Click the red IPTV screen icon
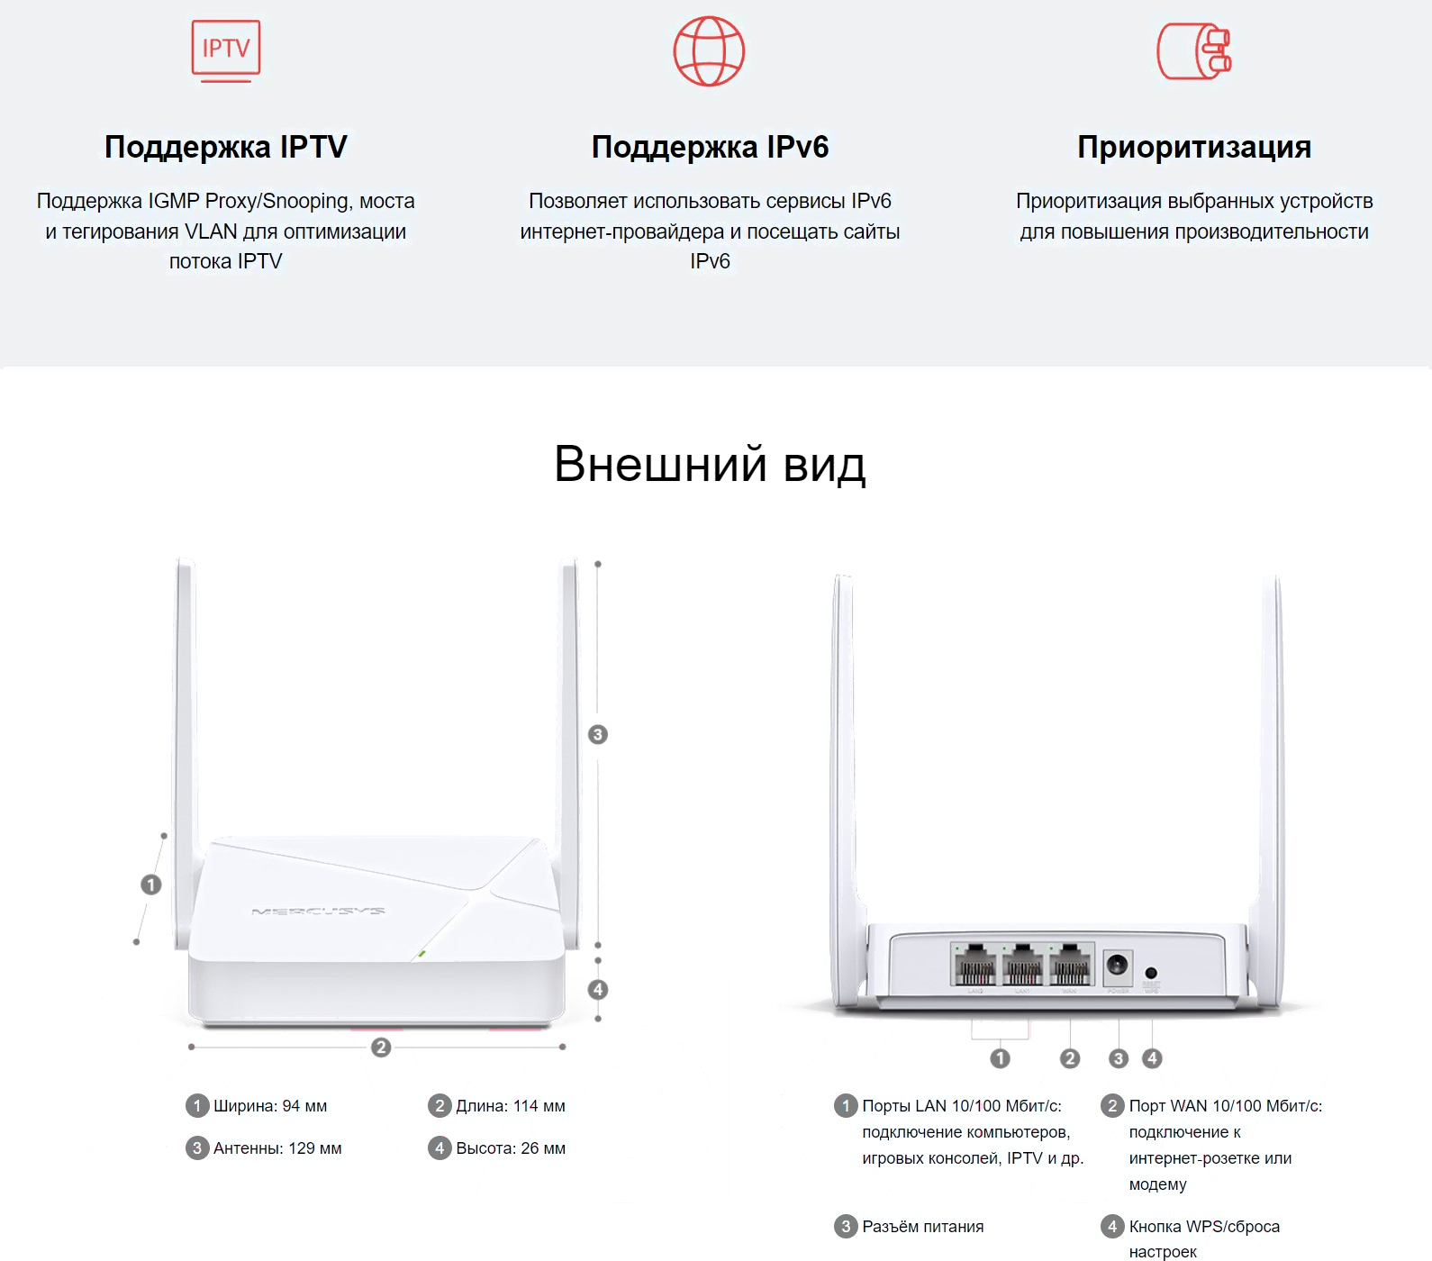(226, 51)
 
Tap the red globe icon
(710, 51)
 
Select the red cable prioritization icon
(1194, 51)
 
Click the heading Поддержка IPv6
(710, 147)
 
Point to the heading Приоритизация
(1194, 147)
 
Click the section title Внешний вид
(710, 464)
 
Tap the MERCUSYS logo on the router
(318, 912)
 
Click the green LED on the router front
(421, 953)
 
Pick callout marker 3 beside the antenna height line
(597, 734)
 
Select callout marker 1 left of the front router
(151, 885)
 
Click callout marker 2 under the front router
(381, 1047)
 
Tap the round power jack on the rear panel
(1118, 966)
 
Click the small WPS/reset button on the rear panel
(1151, 973)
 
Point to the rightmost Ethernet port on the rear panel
(1070, 965)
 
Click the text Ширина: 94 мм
(270, 1106)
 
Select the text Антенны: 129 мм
(277, 1148)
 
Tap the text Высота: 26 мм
(511, 1148)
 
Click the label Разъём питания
(923, 1227)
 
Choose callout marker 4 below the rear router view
(1152, 1058)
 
